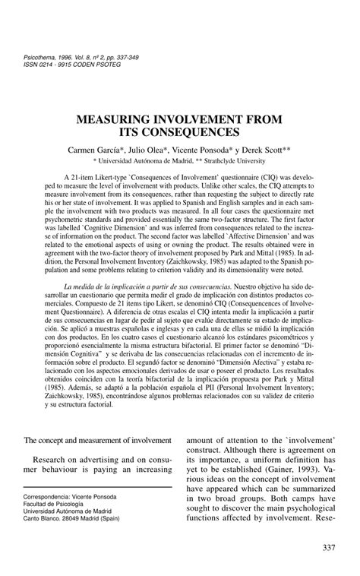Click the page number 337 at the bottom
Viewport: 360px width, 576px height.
coord(330,549)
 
